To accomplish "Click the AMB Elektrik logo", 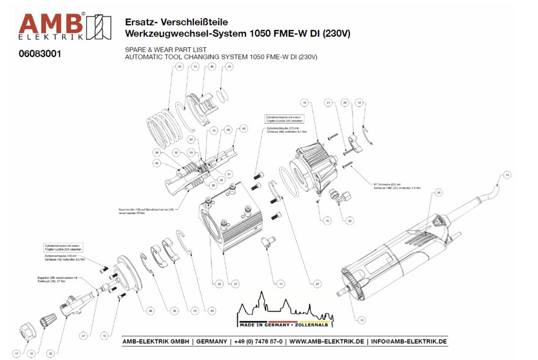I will pyautogui.click(x=65, y=27).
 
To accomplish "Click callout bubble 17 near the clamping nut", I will pyautogui.click(x=17, y=354).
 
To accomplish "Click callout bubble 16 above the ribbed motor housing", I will pyautogui.click(x=304, y=102).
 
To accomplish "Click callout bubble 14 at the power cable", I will pyautogui.click(x=506, y=174).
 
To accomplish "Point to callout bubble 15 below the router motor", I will pyautogui.click(x=362, y=320).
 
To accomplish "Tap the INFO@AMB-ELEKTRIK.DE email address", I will pyautogui.click(x=409, y=342).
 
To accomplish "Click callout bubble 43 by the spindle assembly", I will pyautogui.click(x=243, y=129).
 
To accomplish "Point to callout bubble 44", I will pyautogui.click(x=212, y=311).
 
